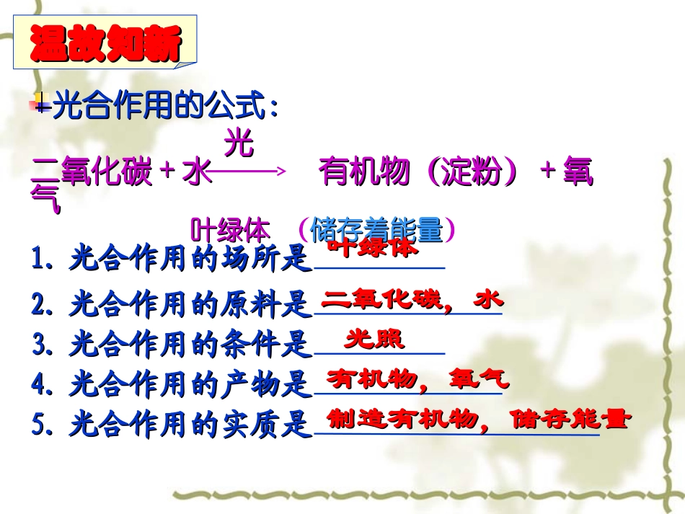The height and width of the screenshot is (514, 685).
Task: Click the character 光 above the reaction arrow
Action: [239, 143]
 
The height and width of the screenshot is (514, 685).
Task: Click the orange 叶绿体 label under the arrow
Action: [230, 231]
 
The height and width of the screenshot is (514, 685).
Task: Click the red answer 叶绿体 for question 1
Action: [372, 248]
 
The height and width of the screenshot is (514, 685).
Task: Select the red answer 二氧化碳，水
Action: [412, 299]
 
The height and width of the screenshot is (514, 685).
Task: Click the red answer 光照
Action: [374, 339]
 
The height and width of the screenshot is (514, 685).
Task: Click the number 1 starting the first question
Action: [38, 259]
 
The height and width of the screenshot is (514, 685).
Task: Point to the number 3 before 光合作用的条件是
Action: [38, 345]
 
